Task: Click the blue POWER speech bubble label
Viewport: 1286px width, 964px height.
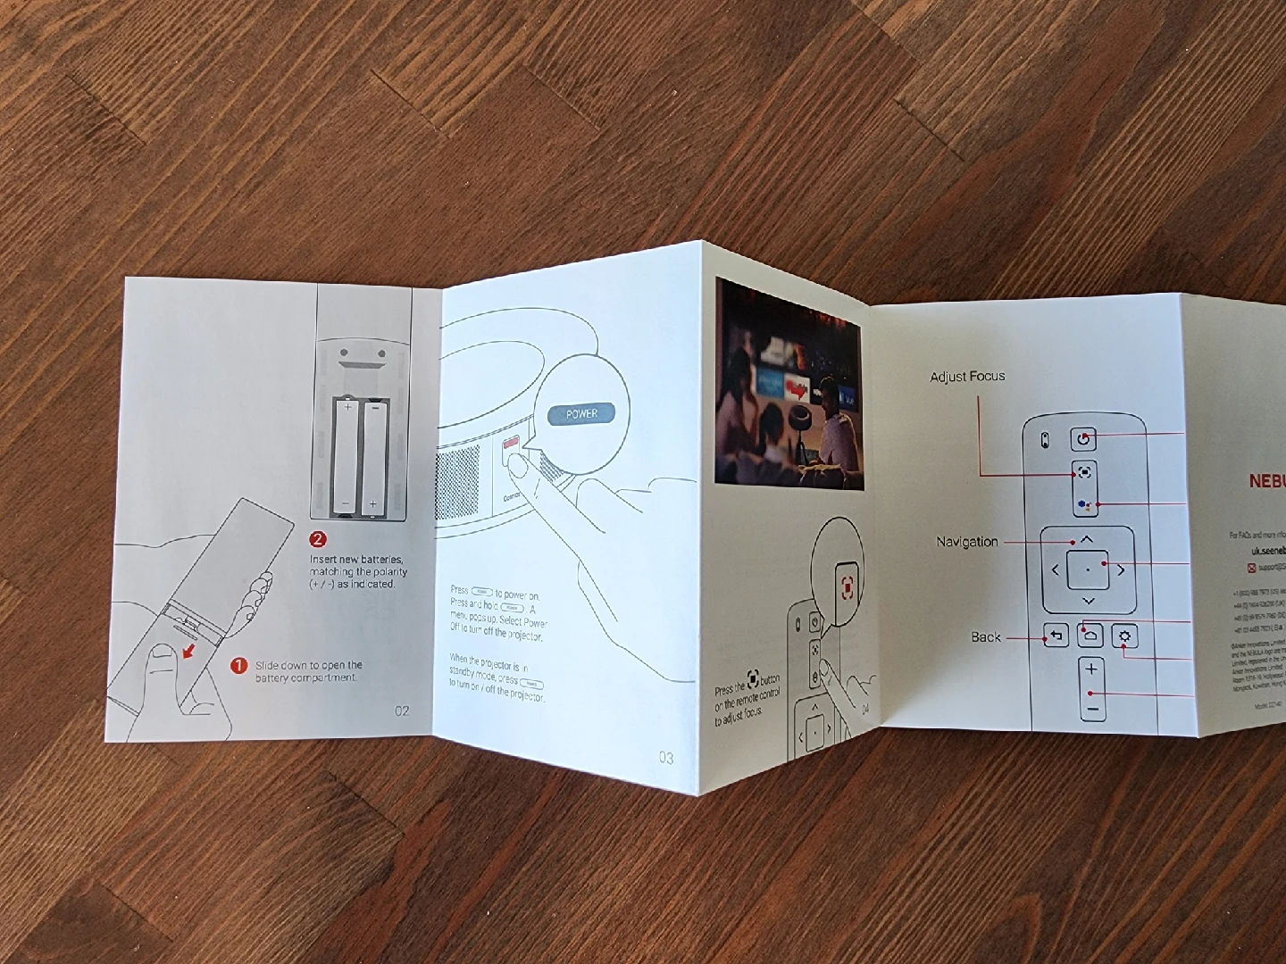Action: (x=581, y=414)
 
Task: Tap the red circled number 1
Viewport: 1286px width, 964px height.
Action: (x=238, y=666)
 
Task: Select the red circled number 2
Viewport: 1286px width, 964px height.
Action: (x=318, y=539)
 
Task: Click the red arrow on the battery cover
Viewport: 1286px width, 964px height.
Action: (x=189, y=652)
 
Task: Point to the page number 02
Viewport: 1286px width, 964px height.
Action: (x=402, y=711)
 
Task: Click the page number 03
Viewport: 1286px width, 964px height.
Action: (x=666, y=758)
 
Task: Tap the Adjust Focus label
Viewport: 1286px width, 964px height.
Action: (x=967, y=377)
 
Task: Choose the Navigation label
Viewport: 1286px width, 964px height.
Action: (x=967, y=542)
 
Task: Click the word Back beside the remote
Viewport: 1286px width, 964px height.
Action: (x=986, y=637)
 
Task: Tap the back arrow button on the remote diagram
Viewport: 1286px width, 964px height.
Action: (x=1056, y=636)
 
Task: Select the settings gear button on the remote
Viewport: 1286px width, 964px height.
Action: (x=1124, y=636)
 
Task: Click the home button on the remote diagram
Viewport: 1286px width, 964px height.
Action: (x=1090, y=636)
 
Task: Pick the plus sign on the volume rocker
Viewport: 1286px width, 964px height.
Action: (x=1091, y=669)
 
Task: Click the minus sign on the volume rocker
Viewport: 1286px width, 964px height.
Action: (x=1091, y=710)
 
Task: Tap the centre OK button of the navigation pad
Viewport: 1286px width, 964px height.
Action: (x=1088, y=569)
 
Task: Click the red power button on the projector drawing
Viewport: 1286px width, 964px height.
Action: (x=512, y=443)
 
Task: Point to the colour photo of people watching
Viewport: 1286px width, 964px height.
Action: (x=789, y=384)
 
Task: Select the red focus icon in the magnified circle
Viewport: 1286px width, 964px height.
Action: (x=848, y=586)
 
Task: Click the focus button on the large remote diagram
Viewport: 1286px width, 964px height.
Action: (x=1084, y=472)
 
